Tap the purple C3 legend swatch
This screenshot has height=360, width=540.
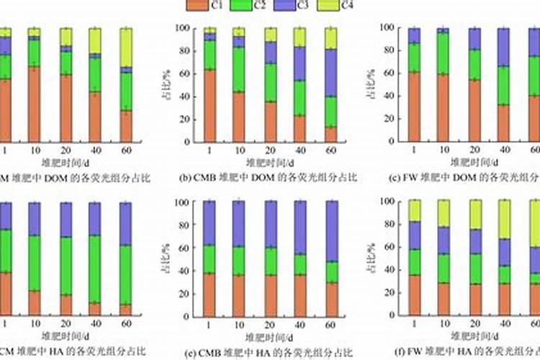point(283,5)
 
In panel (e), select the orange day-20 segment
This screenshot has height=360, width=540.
point(270,296)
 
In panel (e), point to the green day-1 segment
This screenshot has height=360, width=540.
point(210,259)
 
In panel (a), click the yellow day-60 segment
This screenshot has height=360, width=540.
point(126,48)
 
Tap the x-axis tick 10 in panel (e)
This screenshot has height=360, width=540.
point(240,325)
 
